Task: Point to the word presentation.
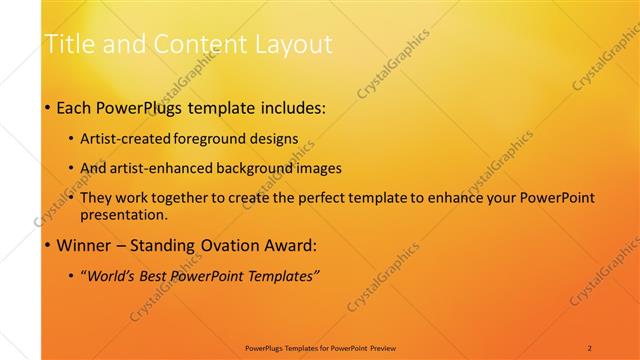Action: [x=124, y=214]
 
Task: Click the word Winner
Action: [x=85, y=245]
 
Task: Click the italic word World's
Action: [x=113, y=275]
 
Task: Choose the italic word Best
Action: [x=158, y=275]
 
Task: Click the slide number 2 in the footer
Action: [x=590, y=347]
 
